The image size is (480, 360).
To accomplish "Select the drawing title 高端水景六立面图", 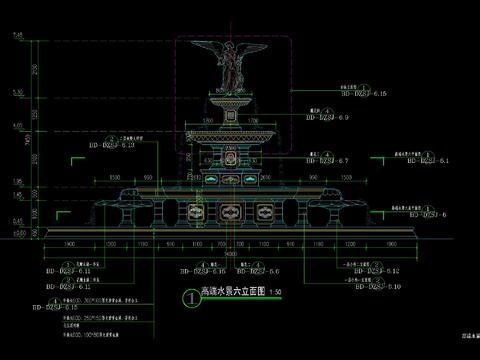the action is pos(236,293).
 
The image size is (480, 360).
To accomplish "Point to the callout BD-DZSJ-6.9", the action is pos(326,118).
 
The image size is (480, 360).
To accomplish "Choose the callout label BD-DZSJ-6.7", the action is pos(326,160).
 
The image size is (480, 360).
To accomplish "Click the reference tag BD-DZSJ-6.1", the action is pos(419,160).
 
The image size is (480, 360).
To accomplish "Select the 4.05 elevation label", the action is pos(18,127).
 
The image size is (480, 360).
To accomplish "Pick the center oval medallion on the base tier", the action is pos(232,211).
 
